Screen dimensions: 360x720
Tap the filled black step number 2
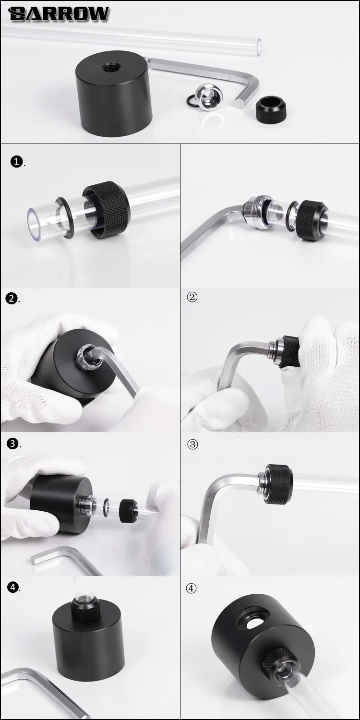12,299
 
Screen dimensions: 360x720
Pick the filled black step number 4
13,587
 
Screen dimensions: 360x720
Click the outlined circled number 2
192,297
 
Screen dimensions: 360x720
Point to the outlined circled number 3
192,444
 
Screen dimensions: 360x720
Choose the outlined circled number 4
192,588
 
